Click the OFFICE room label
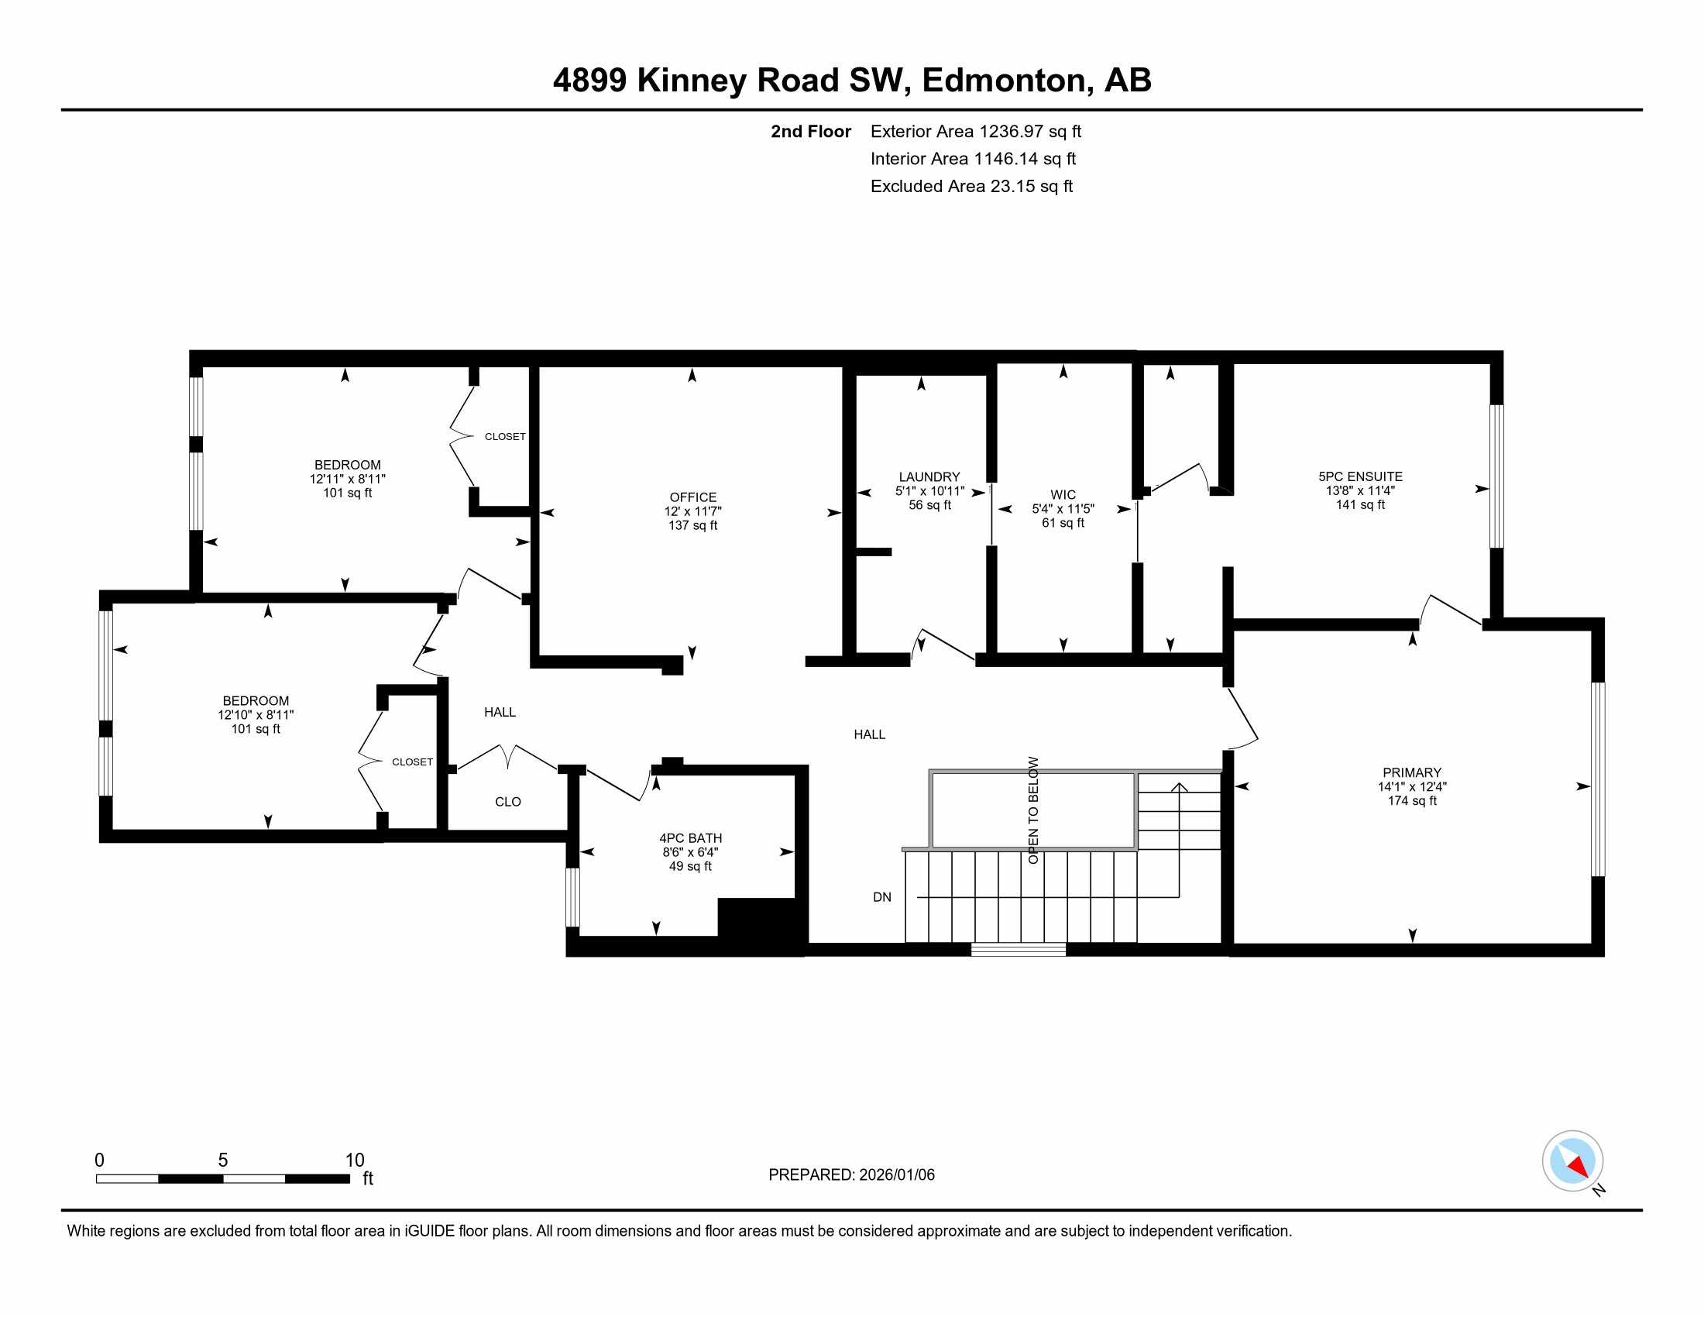click(693, 497)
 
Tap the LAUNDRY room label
click(929, 476)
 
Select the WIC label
click(1063, 495)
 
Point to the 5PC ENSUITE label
click(1361, 476)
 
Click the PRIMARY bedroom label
click(1412, 772)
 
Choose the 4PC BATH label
click(690, 838)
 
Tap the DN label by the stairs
click(881, 897)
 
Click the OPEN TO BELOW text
click(1033, 810)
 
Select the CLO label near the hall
click(508, 802)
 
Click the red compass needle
click(1578, 1167)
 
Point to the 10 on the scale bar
click(355, 1161)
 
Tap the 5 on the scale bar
click(223, 1161)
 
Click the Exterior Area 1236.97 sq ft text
click(976, 132)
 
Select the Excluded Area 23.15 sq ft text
click(971, 187)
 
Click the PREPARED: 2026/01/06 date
click(851, 1175)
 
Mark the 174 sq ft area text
click(1412, 800)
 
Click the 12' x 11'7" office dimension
click(693, 511)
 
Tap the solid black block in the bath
click(761, 926)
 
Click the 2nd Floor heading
click(811, 132)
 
